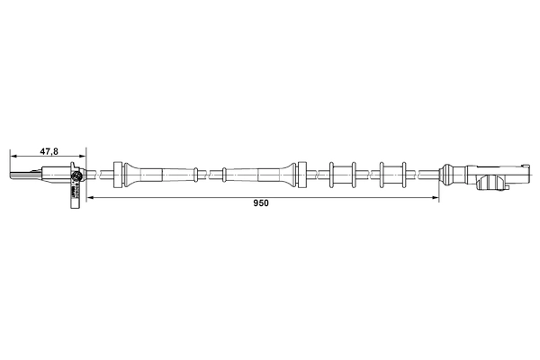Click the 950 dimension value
[261, 203]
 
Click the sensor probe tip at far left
[13, 173]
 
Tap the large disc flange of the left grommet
[117, 172]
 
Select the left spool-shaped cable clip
[343, 172]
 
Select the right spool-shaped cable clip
[392, 172]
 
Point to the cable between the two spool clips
[368, 172]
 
